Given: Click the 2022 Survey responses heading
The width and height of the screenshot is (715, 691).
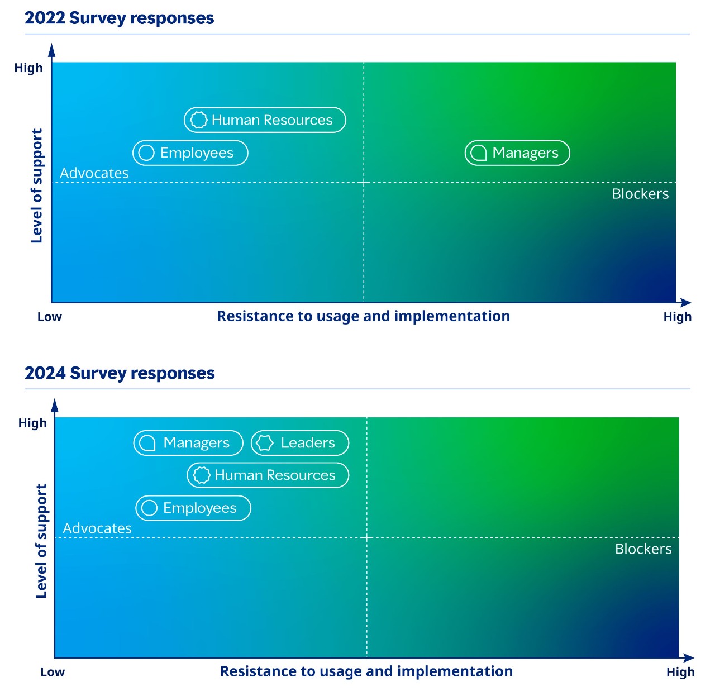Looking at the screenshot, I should pyautogui.click(x=119, y=18).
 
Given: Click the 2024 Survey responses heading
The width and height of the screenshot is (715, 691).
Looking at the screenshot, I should pyautogui.click(x=120, y=373).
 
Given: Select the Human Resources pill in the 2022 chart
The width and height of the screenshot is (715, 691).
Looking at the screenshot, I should pyautogui.click(x=265, y=120).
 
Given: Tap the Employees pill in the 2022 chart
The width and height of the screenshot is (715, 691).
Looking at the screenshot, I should pyautogui.click(x=190, y=153).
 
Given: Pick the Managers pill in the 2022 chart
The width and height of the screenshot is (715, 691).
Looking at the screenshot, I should pyautogui.click(x=517, y=153).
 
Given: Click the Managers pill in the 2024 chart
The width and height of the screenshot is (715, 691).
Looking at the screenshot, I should pyautogui.click(x=188, y=443).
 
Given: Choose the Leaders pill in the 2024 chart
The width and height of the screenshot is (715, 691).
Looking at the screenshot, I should pyautogui.click(x=300, y=443).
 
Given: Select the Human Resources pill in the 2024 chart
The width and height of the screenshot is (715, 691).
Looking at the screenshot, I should pyautogui.click(x=268, y=475).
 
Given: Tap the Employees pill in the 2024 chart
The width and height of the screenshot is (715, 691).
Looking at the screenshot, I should pyautogui.click(x=193, y=508).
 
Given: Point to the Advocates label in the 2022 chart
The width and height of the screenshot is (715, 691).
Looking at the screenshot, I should pyautogui.click(x=94, y=173).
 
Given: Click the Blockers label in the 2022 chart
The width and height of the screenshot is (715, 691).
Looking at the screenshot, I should pyautogui.click(x=640, y=194).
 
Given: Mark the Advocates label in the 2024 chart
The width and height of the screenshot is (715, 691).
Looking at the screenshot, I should pyautogui.click(x=97, y=528).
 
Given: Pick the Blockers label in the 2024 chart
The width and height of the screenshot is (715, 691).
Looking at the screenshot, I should pyautogui.click(x=643, y=549).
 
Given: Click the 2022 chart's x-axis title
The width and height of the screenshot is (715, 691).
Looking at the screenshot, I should pyautogui.click(x=363, y=316).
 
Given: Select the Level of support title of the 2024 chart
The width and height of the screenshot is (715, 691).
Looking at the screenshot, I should pyautogui.click(x=41, y=541).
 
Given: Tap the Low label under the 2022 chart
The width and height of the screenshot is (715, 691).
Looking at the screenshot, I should pyautogui.click(x=49, y=317).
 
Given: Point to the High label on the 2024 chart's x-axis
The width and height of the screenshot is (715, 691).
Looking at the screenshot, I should pyautogui.click(x=680, y=672).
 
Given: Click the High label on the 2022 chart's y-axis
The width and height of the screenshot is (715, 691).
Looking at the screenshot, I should pyautogui.click(x=28, y=68).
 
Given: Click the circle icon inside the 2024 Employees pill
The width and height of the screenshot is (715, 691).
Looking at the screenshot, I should pyautogui.click(x=149, y=508).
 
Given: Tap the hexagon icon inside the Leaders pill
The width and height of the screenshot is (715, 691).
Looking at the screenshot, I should pyautogui.click(x=264, y=443).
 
